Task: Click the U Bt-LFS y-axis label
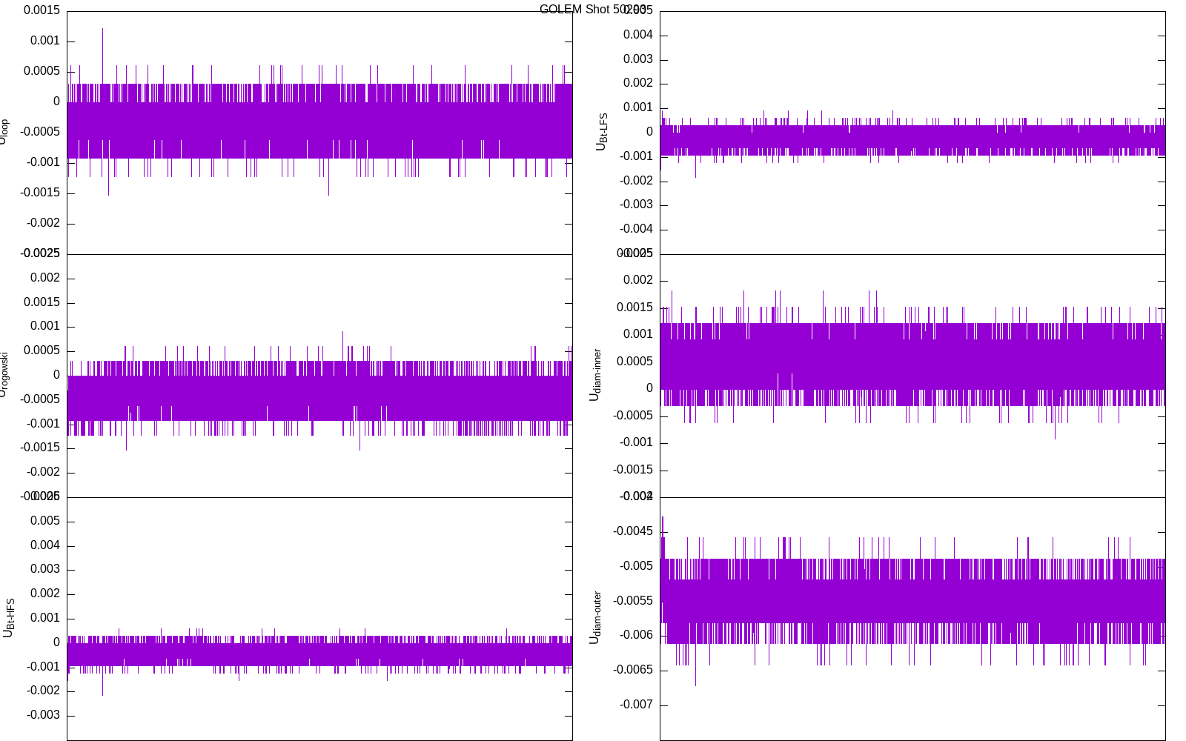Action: tap(602, 132)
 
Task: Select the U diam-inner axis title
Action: tap(594, 375)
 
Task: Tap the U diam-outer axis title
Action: tap(594, 617)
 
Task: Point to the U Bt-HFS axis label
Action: tap(9, 618)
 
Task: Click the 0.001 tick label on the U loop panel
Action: tap(44, 41)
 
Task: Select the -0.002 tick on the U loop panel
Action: tap(43, 223)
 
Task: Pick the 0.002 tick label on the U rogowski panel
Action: tap(44, 278)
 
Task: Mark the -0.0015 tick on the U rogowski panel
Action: tap(40, 448)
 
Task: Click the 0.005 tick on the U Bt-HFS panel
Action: tap(44, 521)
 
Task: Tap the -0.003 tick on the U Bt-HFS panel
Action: tap(43, 715)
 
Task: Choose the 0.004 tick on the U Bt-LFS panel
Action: tap(637, 35)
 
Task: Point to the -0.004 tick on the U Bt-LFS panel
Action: tap(636, 229)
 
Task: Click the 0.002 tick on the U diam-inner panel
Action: tap(637, 280)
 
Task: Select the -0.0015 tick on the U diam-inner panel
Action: tap(633, 470)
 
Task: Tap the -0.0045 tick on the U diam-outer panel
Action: tap(633, 531)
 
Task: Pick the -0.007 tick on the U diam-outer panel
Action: tap(636, 705)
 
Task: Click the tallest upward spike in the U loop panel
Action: tap(102, 30)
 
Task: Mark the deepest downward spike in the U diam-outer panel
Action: tap(695, 685)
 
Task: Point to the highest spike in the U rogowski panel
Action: tap(342, 333)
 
